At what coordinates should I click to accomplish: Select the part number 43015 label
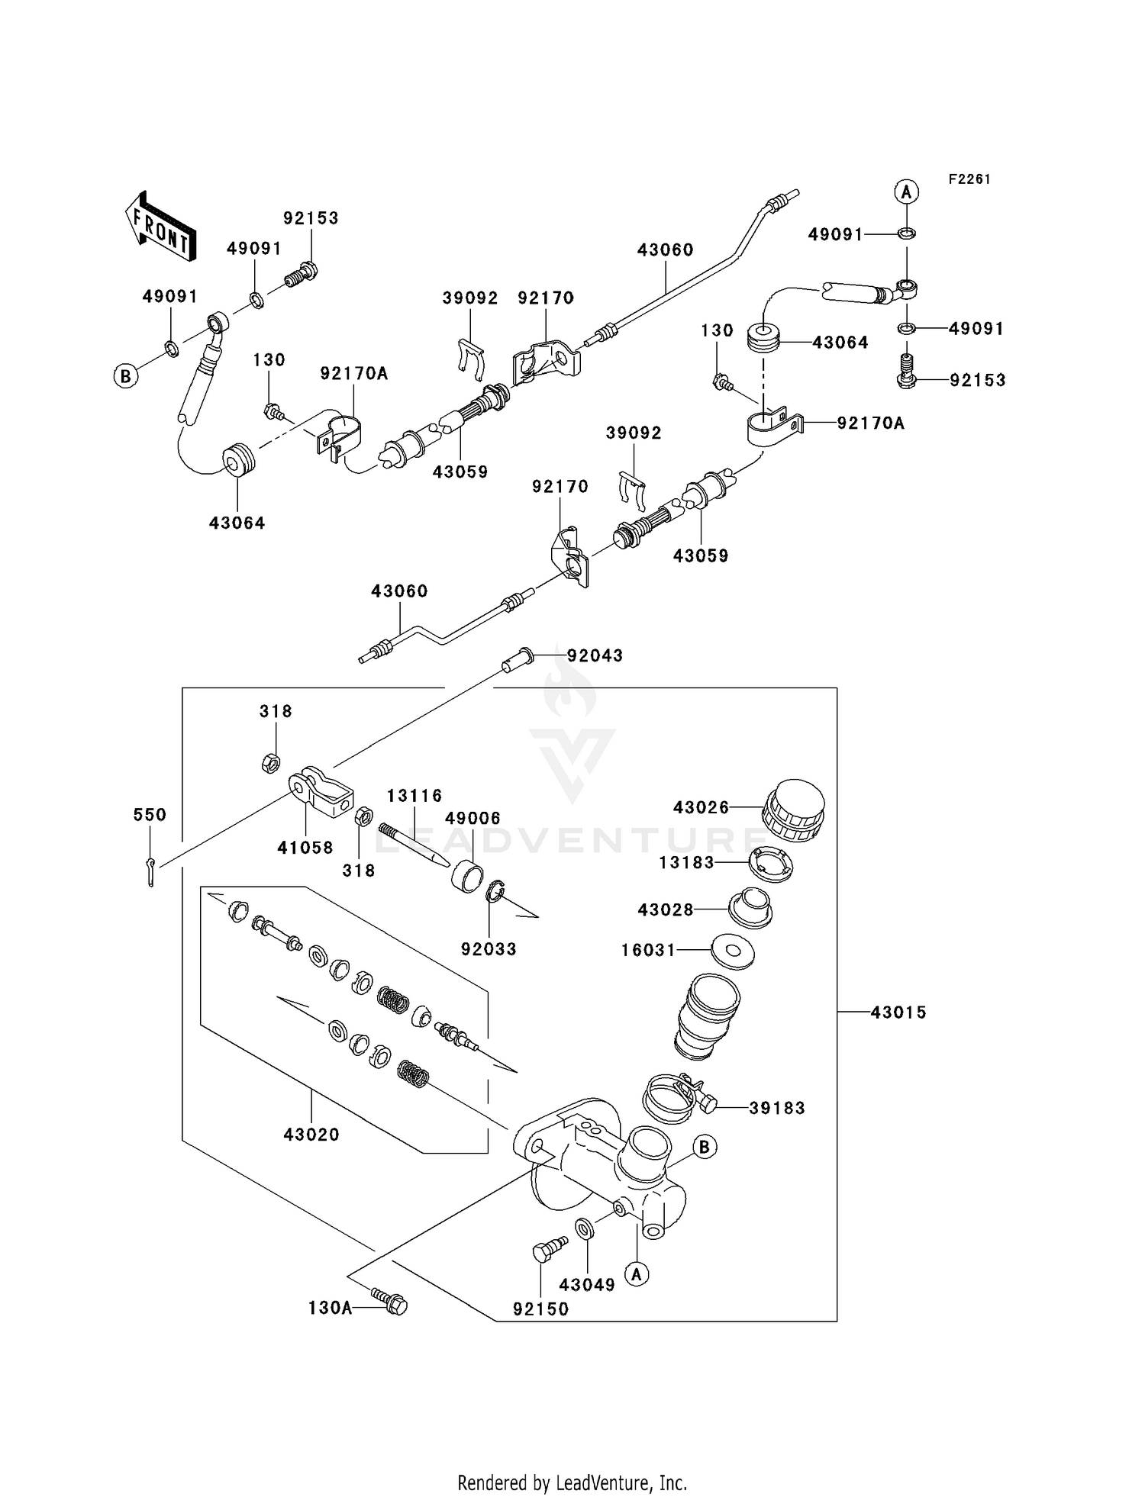[x=898, y=1012]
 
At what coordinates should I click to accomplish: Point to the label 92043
[x=595, y=655]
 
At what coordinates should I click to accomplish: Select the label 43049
[x=586, y=1285]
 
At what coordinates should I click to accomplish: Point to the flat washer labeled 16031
[x=733, y=951]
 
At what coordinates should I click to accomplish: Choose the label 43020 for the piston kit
[x=311, y=1135]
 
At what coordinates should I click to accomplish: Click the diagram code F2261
[x=969, y=179]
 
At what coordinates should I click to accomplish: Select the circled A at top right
[x=906, y=192]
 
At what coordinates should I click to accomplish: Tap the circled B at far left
[x=126, y=376]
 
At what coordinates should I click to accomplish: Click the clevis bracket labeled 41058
[x=322, y=792]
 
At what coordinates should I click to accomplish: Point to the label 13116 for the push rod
[x=414, y=796]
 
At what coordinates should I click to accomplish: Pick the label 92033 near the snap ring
[x=489, y=949]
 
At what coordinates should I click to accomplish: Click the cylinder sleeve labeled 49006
[x=471, y=874]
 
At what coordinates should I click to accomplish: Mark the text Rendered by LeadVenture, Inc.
[x=572, y=1483]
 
